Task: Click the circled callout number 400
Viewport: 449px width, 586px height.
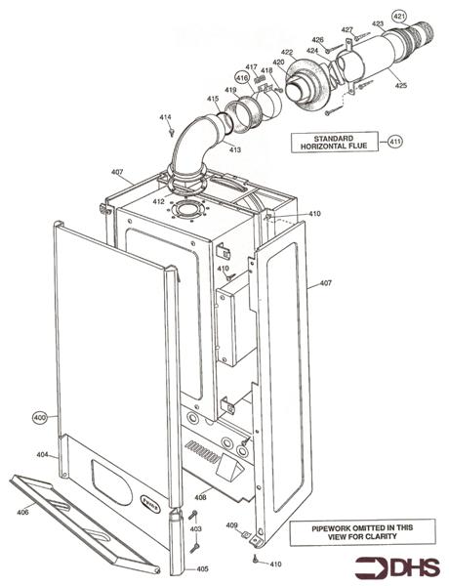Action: tap(40, 417)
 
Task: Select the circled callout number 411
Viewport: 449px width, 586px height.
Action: tap(394, 142)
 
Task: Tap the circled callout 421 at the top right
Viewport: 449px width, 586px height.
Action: tap(398, 17)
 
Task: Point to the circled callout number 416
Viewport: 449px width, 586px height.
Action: tap(241, 77)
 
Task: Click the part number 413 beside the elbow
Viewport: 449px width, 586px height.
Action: tap(235, 149)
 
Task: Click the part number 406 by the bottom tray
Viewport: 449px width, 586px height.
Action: tap(22, 512)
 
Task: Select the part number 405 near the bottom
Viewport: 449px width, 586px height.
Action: tap(202, 568)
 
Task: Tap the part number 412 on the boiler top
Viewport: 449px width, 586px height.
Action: tap(159, 202)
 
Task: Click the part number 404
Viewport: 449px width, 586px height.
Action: tap(42, 455)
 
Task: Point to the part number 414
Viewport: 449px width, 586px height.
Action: tap(165, 117)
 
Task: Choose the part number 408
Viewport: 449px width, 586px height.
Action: tap(199, 497)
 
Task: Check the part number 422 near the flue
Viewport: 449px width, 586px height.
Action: tap(286, 52)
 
